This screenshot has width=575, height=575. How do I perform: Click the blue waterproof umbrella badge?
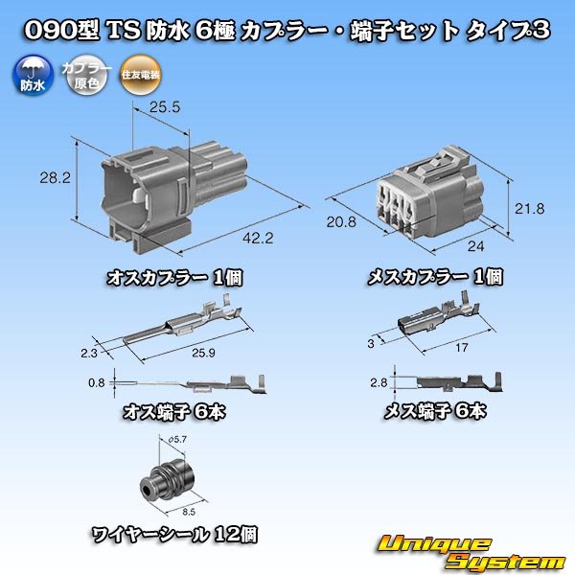pos(32,74)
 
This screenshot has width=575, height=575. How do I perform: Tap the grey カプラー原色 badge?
pos(80,75)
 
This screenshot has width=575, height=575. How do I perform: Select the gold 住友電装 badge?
pos(127,75)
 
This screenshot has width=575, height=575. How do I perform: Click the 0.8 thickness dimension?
pos(95,383)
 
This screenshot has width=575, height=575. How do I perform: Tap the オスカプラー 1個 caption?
pos(173,279)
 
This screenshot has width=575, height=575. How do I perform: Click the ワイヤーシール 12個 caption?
pos(173,535)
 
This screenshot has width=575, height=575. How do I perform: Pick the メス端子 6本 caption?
pos(435,411)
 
